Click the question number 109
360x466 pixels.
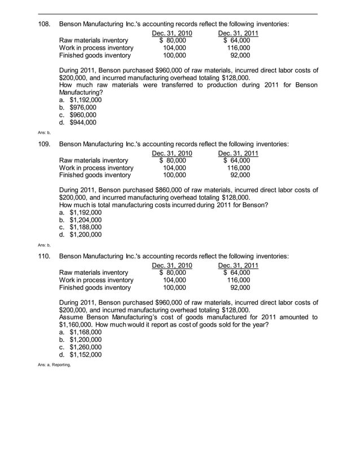[45, 144]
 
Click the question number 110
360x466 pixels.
[45, 256]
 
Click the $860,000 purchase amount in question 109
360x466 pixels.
[173, 190]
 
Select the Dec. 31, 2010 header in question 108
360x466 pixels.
[172, 33]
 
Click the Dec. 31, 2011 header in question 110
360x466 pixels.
[238, 265]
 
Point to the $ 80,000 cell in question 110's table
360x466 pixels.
[173, 272]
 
